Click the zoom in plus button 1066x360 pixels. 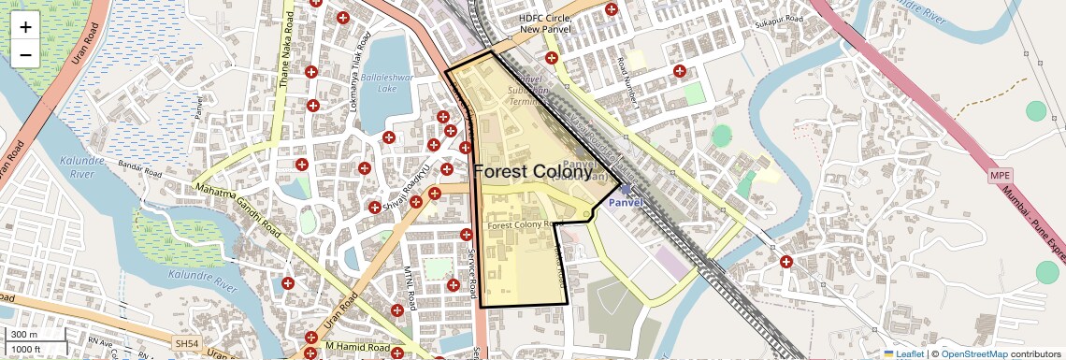[x=25, y=26]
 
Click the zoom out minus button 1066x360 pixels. [x=25, y=55]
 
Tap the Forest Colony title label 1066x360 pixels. [x=533, y=172]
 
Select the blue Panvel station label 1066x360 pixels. [x=626, y=202]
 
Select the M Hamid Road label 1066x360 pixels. [x=358, y=348]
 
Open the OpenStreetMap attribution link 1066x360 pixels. [x=973, y=354]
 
